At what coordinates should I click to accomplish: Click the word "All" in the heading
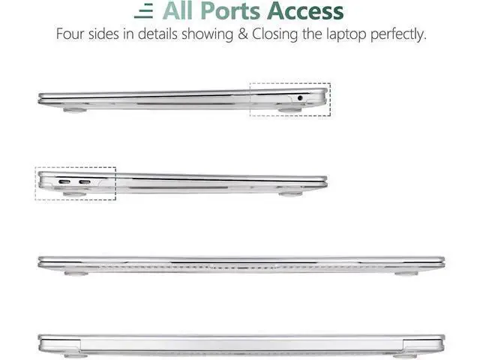pos(178,11)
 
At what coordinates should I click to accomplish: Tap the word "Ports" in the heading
pos(230,11)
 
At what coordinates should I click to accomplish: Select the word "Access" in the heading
pos(305,11)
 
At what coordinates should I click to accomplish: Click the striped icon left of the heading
pos(143,11)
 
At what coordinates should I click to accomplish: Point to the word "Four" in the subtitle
pos(70,34)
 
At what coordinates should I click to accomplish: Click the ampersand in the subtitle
pos(243,34)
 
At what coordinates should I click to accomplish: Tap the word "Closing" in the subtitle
pos(274,34)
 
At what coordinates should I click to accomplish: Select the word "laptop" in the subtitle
pos(346,34)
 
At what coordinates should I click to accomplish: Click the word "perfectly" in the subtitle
pos(398,34)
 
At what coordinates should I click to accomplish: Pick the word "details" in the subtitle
pos(157,34)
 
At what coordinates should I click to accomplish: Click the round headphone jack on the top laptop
pos(300,98)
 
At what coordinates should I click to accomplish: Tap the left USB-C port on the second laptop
pos(64,182)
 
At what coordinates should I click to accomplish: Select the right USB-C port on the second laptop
pos(85,182)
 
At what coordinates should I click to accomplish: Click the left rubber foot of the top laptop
pos(75,110)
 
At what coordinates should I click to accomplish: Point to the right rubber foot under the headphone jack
pos(289,110)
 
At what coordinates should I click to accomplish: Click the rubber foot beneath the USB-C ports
pos(75,193)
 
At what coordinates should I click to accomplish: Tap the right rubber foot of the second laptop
pos(290,193)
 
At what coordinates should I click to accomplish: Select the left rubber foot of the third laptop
pos(76,273)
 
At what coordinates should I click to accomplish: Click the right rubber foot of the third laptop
pos(406,273)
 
